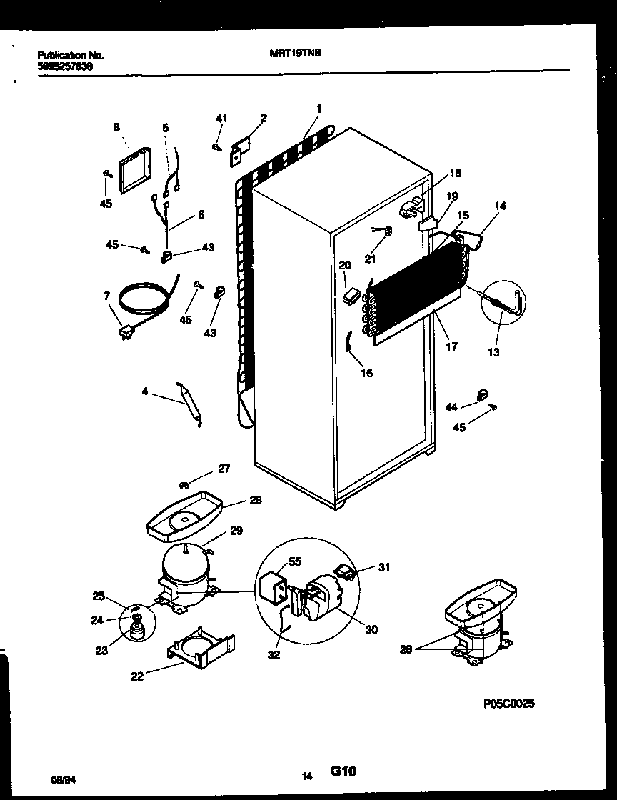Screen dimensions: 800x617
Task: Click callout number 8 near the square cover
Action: pyautogui.click(x=116, y=127)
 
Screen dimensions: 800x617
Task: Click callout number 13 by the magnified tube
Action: pyautogui.click(x=494, y=351)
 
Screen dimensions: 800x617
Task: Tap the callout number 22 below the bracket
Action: pyautogui.click(x=137, y=676)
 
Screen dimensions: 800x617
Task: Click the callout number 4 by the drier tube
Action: pyautogui.click(x=145, y=391)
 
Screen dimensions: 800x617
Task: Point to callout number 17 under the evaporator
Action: pyautogui.click(x=452, y=347)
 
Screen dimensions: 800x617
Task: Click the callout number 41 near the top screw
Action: pyautogui.click(x=221, y=118)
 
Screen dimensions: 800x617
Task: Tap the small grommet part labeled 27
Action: pyautogui.click(x=184, y=486)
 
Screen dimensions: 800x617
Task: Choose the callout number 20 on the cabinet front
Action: pyautogui.click(x=344, y=265)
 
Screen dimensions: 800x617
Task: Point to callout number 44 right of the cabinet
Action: pyautogui.click(x=451, y=406)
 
